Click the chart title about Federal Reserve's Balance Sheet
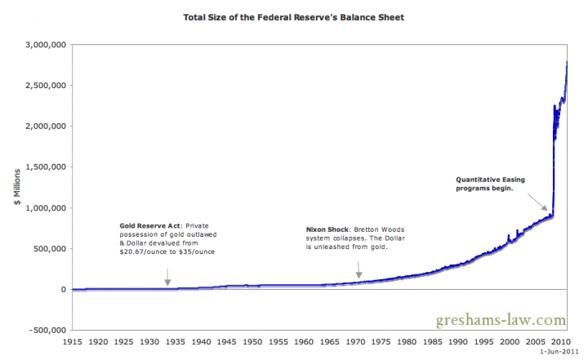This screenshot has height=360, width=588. (294, 16)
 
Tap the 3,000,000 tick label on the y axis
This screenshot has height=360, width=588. (47, 45)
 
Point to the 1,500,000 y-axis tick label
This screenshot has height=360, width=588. (47, 167)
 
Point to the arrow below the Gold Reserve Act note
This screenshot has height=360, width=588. (167, 280)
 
